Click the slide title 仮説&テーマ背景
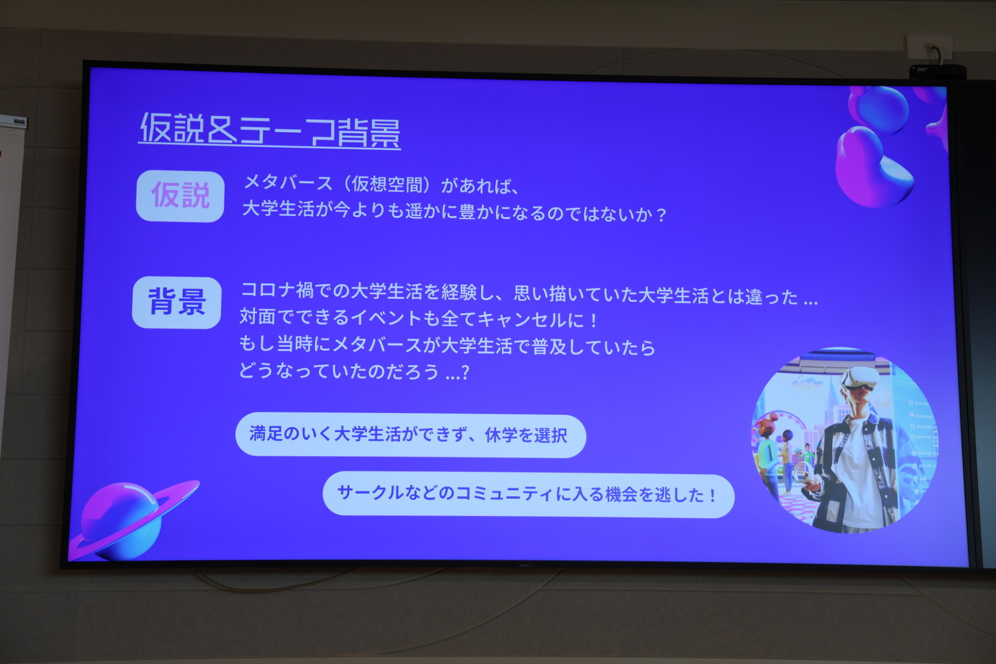pyautogui.click(x=270, y=130)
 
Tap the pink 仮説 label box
pyautogui.click(x=180, y=196)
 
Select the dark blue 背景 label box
pyautogui.click(x=177, y=302)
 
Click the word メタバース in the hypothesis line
pyautogui.click(x=288, y=183)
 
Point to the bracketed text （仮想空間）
pyautogui.click(x=387, y=184)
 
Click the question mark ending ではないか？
pyautogui.click(x=660, y=215)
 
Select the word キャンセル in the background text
pyautogui.click(x=521, y=319)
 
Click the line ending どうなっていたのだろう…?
pyautogui.click(x=354, y=371)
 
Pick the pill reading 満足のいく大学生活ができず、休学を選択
pyautogui.click(x=410, y=435)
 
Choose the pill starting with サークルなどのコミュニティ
pyautogui.click(x=528, y=494)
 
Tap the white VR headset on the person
pyautogui.click(x=859, y=379)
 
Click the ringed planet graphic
pyautogui.click(x=130, y=519)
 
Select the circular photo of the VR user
pyautogui.click(x=845, y=440)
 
